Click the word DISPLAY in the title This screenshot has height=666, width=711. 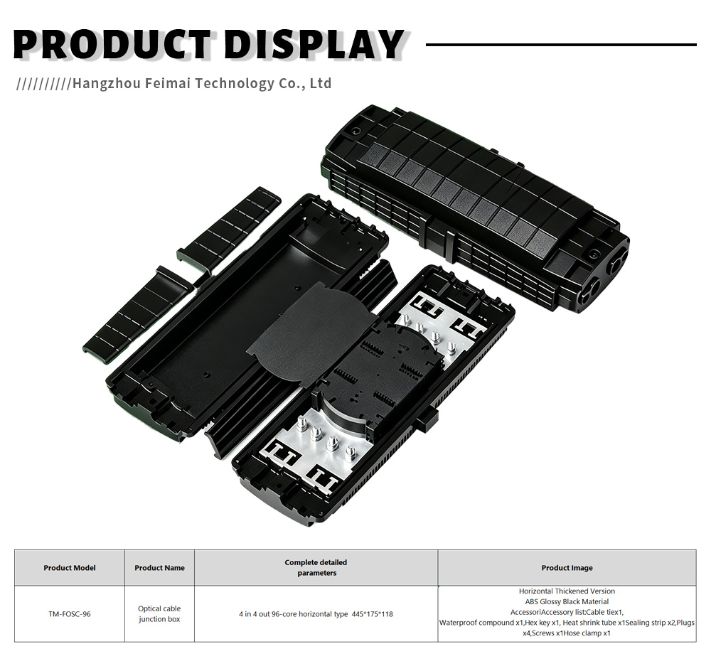click(x=314, y=45)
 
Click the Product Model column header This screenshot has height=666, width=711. click(x=70, y=568)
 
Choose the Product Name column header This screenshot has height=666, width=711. click(x=159, y=568)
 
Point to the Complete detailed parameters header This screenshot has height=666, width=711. click(x=316, y=568)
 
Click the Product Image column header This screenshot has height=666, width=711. click(x=567, y=568)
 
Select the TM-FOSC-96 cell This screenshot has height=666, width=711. click(x=70, y=614)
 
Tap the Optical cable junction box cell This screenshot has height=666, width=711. click(x=159, y=614)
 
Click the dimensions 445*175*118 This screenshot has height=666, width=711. click(x=373, y=614)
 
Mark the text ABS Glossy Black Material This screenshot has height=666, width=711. click(x=567, y=601)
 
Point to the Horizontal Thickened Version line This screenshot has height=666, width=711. click(x=567, y=591)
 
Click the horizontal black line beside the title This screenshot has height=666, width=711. click(x=562, y=45)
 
